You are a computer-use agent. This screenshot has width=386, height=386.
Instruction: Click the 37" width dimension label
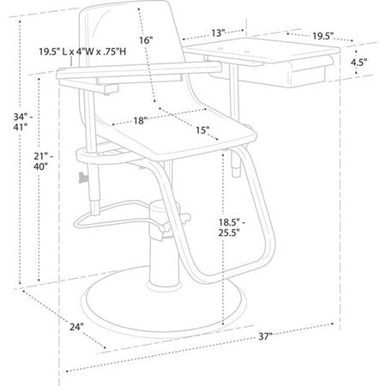[x=265, y=337]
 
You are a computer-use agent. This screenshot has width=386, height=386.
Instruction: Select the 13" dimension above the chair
[x=216, y=33]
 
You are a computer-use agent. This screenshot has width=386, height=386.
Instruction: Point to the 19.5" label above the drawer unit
[x=323, y=36]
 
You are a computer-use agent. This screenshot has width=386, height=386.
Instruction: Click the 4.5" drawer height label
[x=359, y=63]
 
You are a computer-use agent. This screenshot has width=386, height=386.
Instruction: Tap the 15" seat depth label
[x=202, y=131]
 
